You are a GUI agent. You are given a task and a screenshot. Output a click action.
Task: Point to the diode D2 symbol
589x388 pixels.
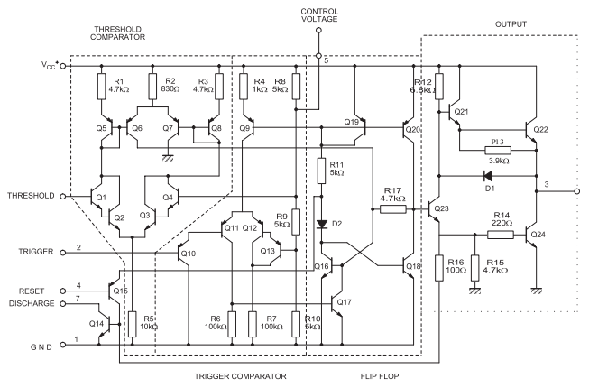322,223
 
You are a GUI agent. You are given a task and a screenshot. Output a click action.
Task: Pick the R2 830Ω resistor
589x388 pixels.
151,87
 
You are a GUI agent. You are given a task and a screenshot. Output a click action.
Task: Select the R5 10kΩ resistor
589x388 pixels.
132,323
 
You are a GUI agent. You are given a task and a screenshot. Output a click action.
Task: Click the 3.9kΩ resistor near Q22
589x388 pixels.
498,150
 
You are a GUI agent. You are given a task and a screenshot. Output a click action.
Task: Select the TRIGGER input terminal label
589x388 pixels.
30,251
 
